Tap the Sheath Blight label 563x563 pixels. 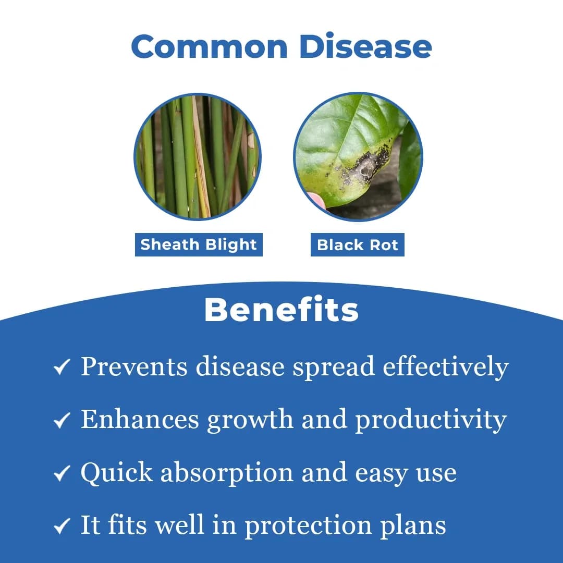pos(199,244)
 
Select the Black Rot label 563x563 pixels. pos(358,244)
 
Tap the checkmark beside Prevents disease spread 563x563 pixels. pos(62,368)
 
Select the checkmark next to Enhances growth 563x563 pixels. pos(62,421)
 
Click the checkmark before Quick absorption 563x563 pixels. pos(62,473)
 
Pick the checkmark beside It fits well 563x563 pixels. pos(62,526)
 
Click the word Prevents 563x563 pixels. pos(134,366)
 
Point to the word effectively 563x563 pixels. pos(445,366)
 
